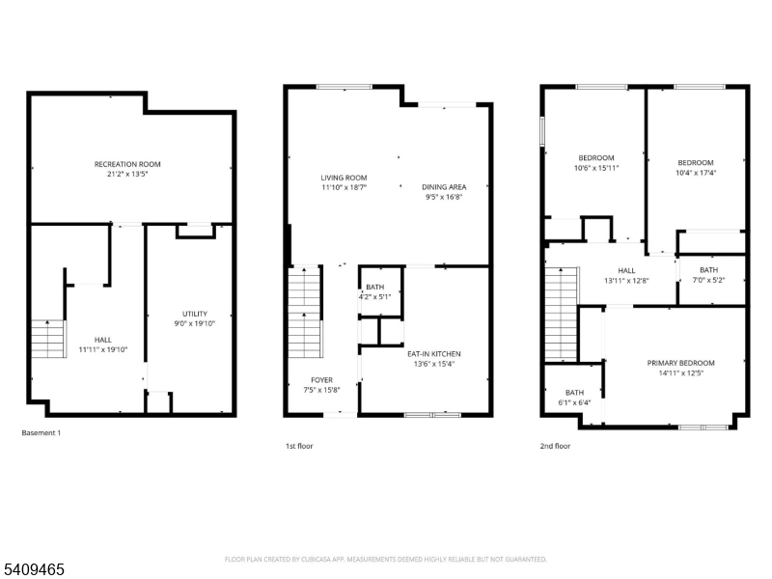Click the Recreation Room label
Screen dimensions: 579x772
(x=127, y=164)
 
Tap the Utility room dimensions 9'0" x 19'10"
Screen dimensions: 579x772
(x=195, y=324)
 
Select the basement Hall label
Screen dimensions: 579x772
(x=103, y=340)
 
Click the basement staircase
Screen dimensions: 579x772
(x=48, y=339)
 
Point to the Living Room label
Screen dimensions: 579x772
(x=344, y=178)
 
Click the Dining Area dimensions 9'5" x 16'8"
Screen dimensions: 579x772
(x=444, y=197)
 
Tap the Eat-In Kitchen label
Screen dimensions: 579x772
(x=434, y=353)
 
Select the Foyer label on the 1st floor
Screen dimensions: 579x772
(x=321, y=379)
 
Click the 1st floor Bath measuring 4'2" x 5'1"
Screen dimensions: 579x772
(x=374, y=291)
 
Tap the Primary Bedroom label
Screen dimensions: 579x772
(x=675, y=363)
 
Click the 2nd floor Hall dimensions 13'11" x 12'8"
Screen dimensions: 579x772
(x=626, y=281)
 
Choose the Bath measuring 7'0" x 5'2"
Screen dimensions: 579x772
(x=708, y=275)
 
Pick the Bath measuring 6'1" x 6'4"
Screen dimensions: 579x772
(x=574, y=397)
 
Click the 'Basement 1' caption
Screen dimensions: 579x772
(x=41, y=433)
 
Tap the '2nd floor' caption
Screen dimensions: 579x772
(x=555, y=446)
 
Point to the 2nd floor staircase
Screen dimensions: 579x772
(x=561, y=314)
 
